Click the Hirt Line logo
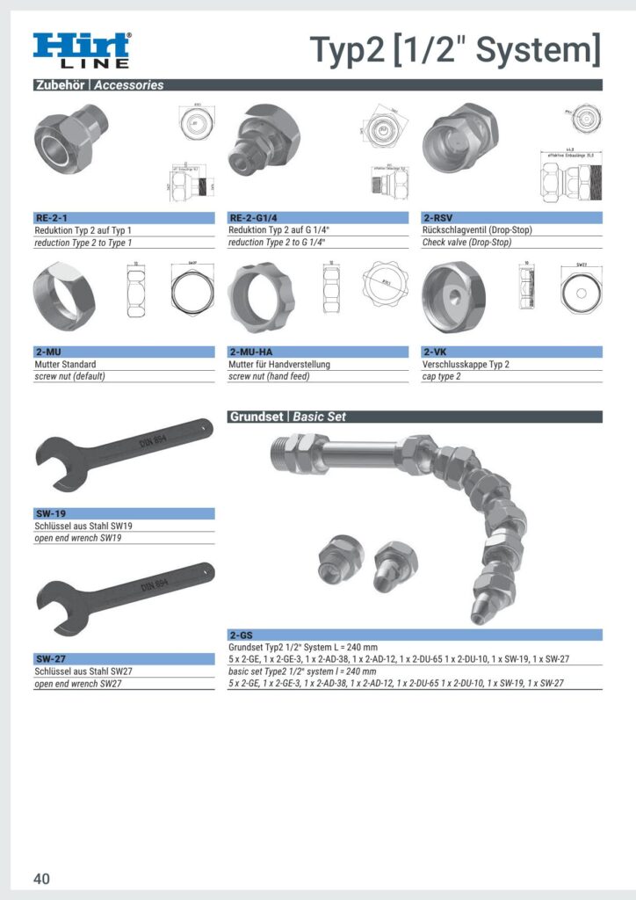coord(83,50)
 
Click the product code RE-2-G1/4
coord(254,218)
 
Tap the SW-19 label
coord(50,513)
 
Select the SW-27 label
coord(50,658)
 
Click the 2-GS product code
coord(242,635)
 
